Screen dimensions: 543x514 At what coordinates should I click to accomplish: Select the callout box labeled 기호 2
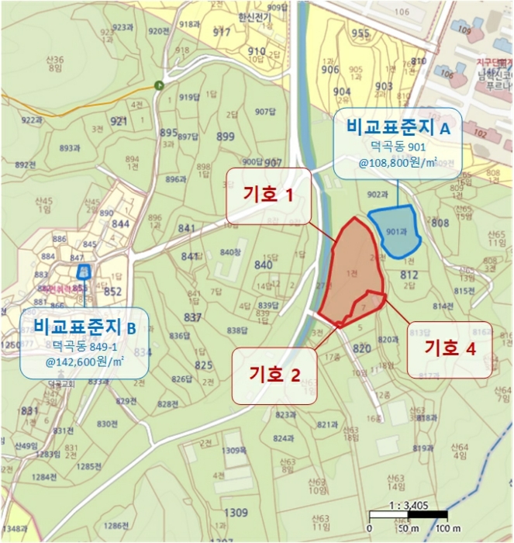274,375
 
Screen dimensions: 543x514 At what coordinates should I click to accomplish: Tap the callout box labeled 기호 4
450,349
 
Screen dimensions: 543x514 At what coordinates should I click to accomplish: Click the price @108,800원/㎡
398,164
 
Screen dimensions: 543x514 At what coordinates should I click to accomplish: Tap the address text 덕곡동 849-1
85,345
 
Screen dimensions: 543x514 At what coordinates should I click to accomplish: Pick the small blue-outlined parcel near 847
83,271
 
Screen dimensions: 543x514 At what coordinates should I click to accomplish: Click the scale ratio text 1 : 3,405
409,503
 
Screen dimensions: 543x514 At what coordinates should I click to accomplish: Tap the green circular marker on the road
160,85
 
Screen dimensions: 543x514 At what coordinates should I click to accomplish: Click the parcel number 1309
236,513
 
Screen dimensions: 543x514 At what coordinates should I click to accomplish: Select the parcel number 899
225,137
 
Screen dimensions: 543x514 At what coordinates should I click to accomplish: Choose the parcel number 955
360,33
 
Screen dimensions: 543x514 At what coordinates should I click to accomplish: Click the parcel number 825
203,365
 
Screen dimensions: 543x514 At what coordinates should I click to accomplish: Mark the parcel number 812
409,275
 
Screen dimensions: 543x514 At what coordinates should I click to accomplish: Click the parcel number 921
119,122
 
